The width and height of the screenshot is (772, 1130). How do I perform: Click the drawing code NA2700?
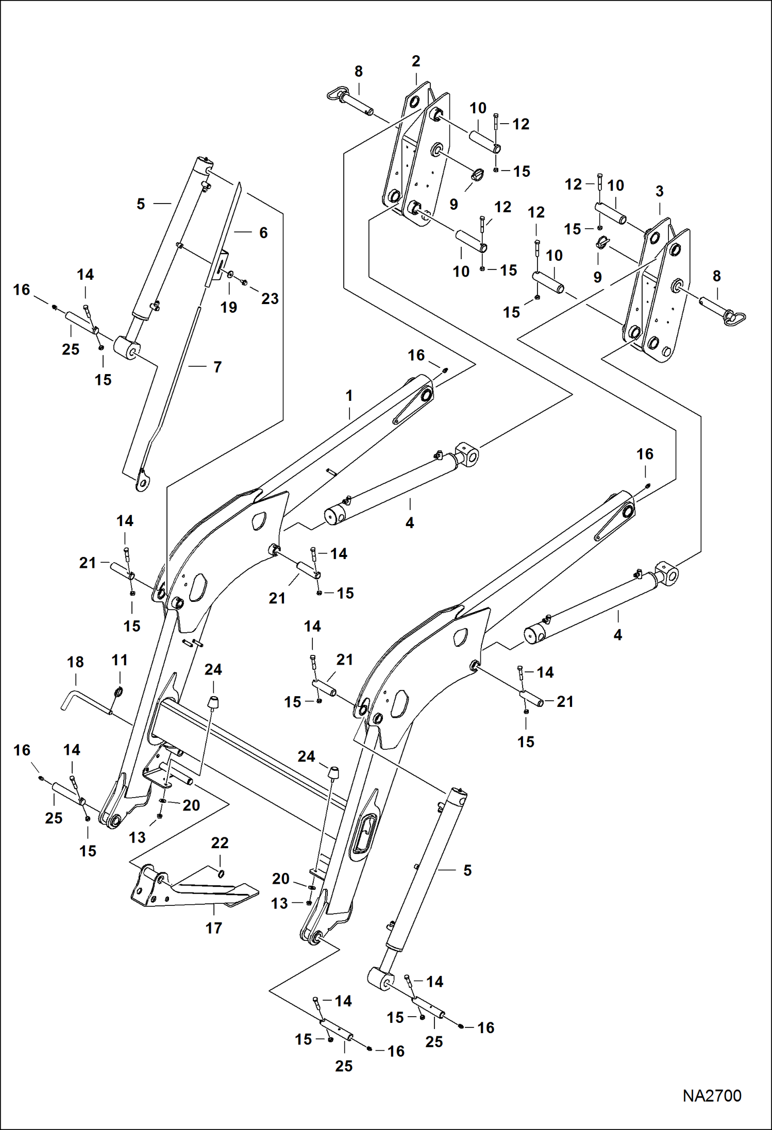tap(712, 1095)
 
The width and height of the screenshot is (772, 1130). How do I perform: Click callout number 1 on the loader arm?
tap(349, 396)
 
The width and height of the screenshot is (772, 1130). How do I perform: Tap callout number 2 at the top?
tap(416, 61)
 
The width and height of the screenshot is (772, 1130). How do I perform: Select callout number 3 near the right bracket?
tap(659, 192)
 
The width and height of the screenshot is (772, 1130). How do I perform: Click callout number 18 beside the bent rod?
tap(75, 662)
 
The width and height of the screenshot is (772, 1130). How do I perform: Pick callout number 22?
tap(220, 842)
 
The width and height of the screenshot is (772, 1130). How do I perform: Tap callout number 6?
tap(263, 233)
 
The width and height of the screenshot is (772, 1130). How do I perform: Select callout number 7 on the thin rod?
tap(217, 367)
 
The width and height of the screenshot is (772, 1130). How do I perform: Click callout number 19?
tap(228, 307)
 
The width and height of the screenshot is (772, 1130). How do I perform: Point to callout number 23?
tap(270, 298)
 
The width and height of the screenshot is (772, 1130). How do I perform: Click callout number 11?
tap(120, 660)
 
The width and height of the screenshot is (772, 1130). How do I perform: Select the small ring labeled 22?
tap(221, 873)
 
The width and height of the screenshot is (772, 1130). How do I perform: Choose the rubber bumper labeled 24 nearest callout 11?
tap(212, 702)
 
